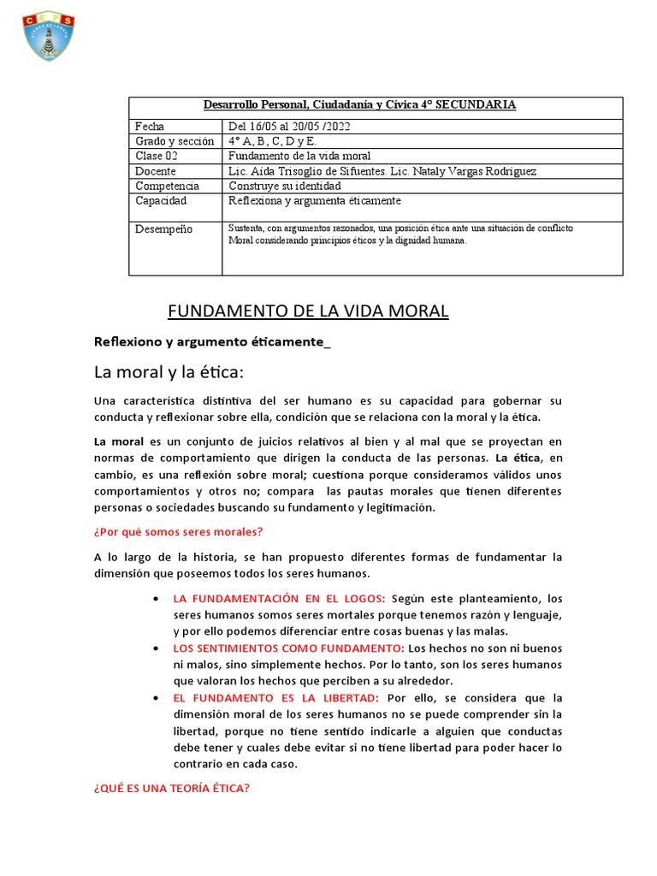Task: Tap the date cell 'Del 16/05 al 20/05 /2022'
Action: [289, 126]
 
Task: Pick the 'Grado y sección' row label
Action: [175, 140]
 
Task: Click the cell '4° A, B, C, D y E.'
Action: [272, 140]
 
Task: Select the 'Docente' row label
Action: [156, 171]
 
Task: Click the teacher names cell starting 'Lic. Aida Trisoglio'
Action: [382, 171]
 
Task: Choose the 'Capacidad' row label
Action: [161, 201]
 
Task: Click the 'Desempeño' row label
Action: [164, 229]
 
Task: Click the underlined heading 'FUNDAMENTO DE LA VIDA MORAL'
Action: [305, 311]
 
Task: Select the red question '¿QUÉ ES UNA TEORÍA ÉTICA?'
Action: [171, 788]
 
